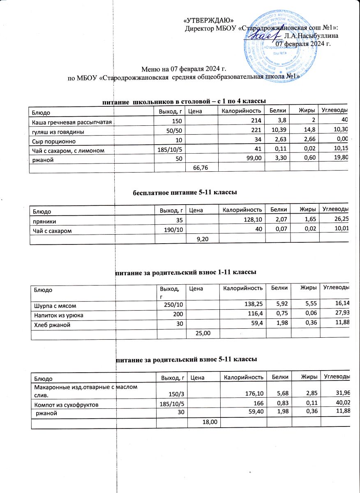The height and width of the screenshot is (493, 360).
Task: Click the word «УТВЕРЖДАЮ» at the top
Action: pos(210,21)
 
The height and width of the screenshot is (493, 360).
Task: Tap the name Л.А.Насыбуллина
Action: pos(311,36)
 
